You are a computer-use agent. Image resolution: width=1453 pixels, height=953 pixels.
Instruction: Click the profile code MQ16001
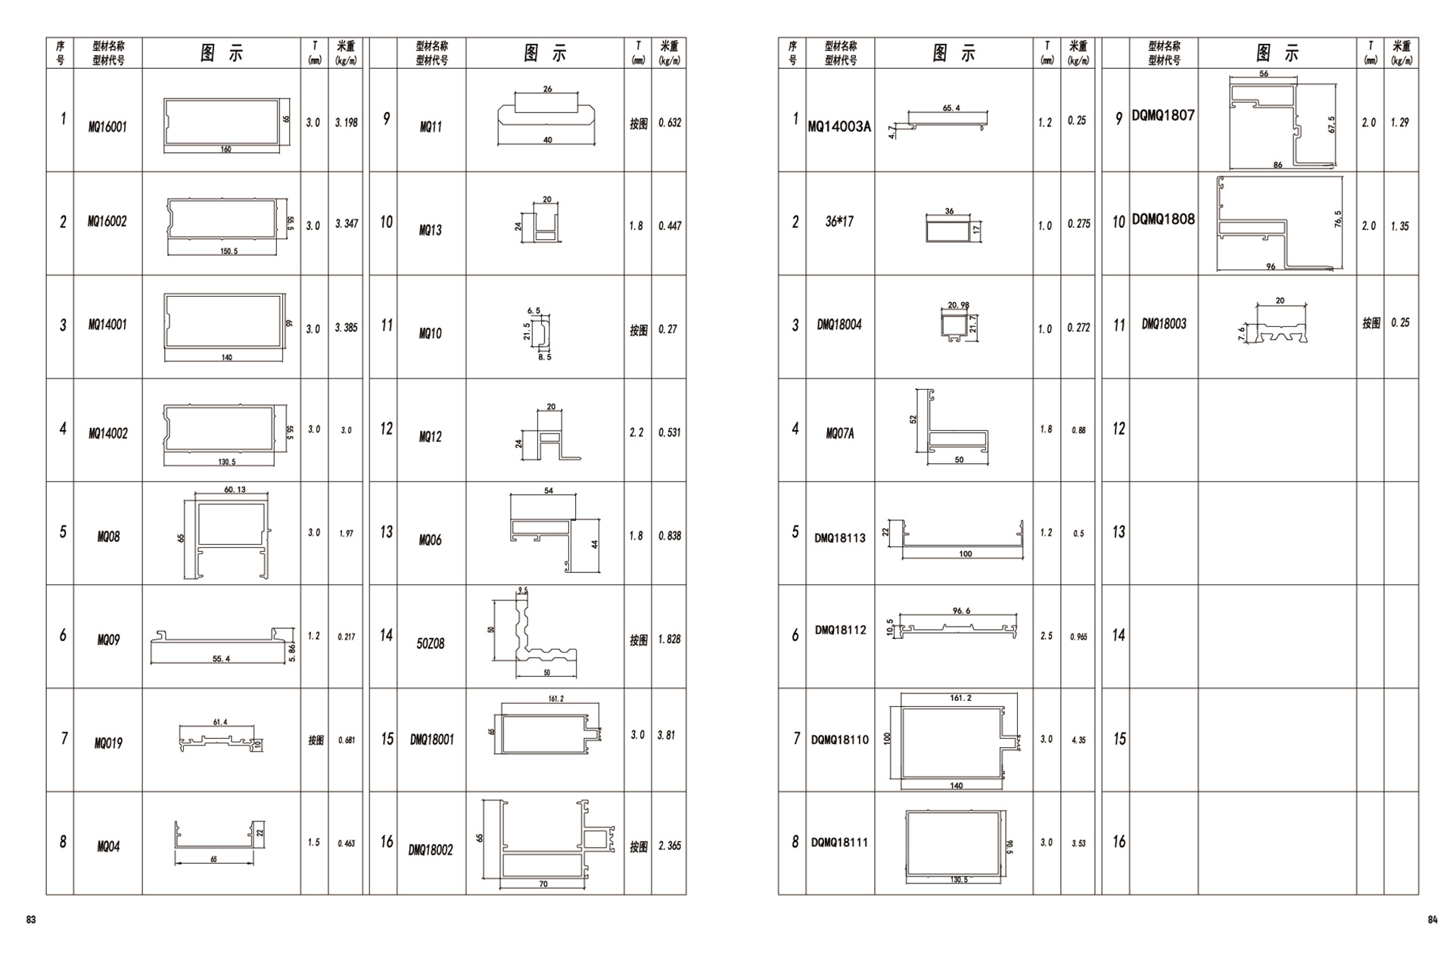point(107,127)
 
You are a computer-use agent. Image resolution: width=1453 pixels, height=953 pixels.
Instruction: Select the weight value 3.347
point(347,224)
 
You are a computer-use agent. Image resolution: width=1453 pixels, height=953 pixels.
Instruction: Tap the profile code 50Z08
point(431,643)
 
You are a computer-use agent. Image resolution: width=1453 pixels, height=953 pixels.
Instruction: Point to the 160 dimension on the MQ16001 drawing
point(226,149)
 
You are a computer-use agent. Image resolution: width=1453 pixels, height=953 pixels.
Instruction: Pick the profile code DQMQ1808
point(1163,220)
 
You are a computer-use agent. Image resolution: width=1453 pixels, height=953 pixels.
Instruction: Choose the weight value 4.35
point(1078,740)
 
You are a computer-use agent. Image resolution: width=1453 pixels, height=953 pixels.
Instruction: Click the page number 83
point(31,920)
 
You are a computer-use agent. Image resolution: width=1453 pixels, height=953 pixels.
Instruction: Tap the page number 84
point(1432,920)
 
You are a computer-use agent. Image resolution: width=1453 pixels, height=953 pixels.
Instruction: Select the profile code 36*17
point(839,222)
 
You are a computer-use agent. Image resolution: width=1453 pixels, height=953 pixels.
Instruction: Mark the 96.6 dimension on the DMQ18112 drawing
point(961,611)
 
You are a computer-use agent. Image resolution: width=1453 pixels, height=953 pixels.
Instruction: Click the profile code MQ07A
point(840,434)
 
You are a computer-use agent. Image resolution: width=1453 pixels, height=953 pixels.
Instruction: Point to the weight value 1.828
point(669,640)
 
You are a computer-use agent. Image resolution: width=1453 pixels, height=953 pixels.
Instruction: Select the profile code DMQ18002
point(431,850)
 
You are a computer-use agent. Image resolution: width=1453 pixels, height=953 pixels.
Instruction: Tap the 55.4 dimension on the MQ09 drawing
point(221,659)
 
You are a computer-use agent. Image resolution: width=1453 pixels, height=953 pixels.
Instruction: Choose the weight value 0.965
point(1078,637)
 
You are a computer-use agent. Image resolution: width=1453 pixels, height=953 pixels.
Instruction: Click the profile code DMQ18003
point(1164,324)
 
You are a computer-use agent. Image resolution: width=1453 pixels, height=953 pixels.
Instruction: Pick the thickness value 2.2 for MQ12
point(636,432)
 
